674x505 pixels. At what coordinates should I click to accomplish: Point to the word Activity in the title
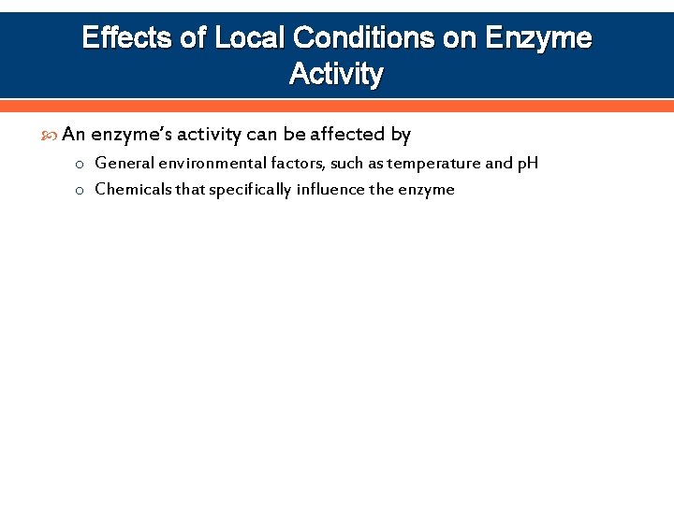(x=337, y=73)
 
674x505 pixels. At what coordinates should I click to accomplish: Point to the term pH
(x=527, y=164)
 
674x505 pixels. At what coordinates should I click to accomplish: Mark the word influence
(x=330, y=190)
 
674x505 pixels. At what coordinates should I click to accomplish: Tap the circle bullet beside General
(x=81, y=165)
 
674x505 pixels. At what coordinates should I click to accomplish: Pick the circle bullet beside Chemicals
(x=81, y=191)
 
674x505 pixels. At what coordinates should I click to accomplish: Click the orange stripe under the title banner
(x=337, y=106)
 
